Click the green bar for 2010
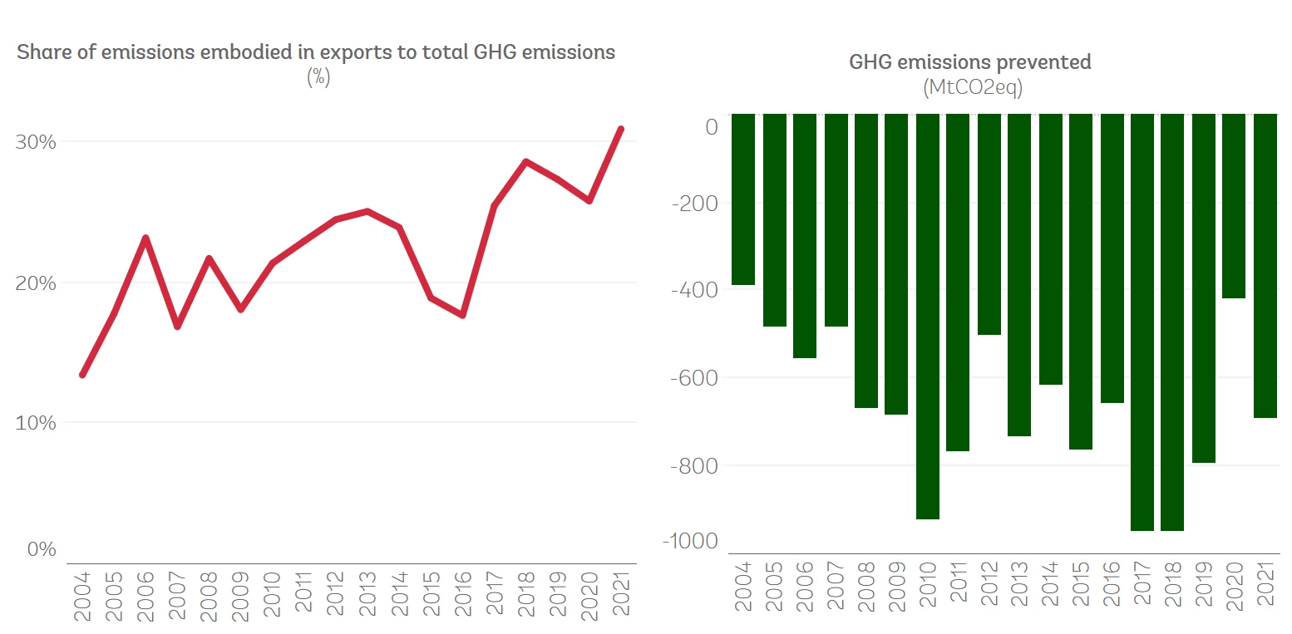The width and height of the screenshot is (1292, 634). pyautogui.click(x=928, y=316)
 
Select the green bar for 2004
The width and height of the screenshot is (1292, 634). pyautogui.click(x=742, y=199)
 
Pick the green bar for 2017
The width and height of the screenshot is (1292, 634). pyautogui.click(x=1142, y=322)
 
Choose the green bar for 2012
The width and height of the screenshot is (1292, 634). pyautogui.click(x=989, y=224)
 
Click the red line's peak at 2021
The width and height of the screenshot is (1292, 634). pyautogui.click(x=620, y=129)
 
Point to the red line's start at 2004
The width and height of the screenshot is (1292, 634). pyautogui.click(x=82, y=375)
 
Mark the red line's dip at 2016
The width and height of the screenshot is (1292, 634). pyautogui.click(x=462, y=315)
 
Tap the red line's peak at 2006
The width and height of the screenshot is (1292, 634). pyautogui.click(x=145, y=238)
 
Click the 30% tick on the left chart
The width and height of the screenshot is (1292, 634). pyautogui.click(x=36, y=142)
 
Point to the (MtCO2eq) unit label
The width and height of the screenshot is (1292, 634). pyautogui.click(x=972, y=88)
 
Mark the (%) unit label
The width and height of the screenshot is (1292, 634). pyautogui.click(x=318, y=77)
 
